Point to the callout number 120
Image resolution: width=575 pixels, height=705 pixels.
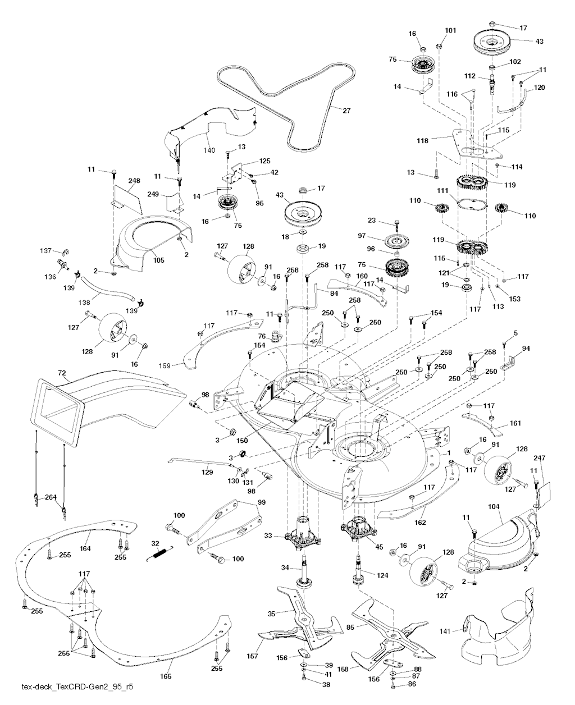tap(540, 88)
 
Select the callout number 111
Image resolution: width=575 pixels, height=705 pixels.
tap(441, 191)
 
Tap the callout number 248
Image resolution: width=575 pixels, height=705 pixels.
tap(134, 181)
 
